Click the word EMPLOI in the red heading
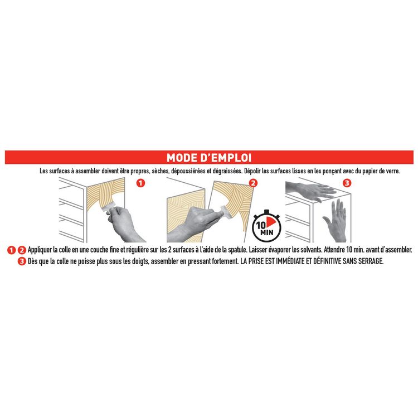pos(229,158)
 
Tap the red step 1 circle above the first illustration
pos(140,183)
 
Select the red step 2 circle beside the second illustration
pos(253,183)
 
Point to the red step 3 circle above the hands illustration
pos(347,183)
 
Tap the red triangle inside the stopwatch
pos(270,221)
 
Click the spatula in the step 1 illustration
pos(109,208)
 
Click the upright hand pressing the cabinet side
pos(336,221)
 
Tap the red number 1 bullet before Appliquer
pos(11,250)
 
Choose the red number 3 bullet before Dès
pos(22,261)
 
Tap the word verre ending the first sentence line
pos(393,171)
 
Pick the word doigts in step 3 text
pos(140,261)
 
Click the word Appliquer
pos(40,250)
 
